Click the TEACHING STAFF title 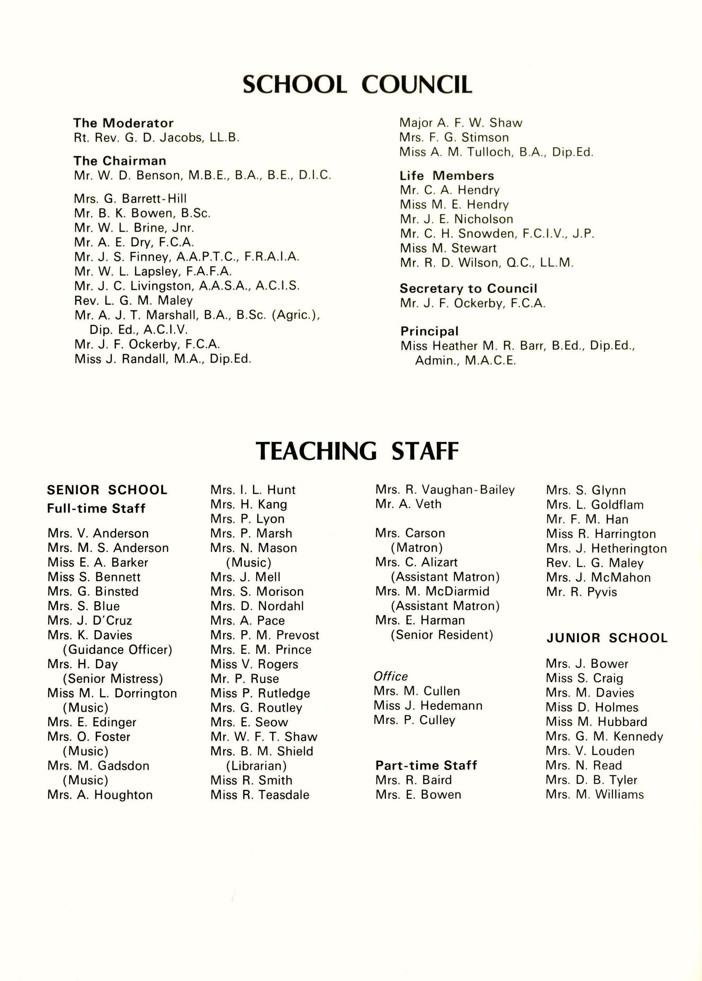point(357,451)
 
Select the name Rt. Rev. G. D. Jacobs point(156,138)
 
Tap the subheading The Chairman point(120,161)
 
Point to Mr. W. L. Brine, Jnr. point(134,228)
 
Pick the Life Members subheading point(447,175)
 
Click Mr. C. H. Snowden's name point(497,234)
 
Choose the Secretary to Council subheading point(468,289)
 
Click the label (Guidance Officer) point(117,649)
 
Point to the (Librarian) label point(256,766)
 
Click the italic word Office point(390,676)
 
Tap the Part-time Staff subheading point(426,765)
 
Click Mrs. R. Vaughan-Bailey point(445,490)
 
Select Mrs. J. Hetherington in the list point(606,549)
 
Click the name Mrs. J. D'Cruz point(90,620)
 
